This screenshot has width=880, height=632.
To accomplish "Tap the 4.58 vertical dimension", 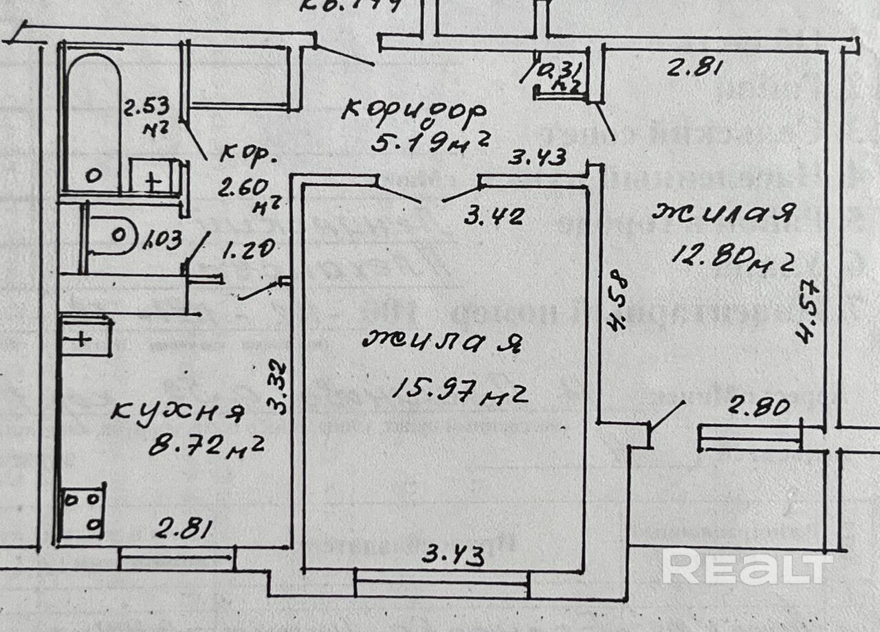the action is (x=618, y=302).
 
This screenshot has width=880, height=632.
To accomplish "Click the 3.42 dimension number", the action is (x=494, y=216).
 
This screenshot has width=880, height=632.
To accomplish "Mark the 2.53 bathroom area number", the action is (x=147, y=109).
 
